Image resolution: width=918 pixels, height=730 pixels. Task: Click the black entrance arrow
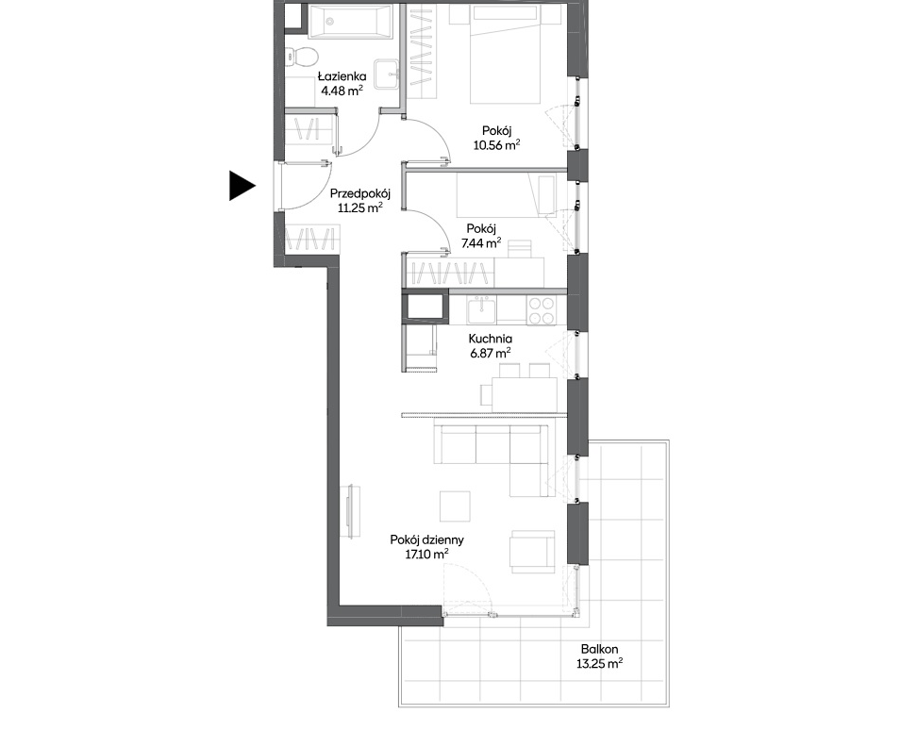pos(242,186)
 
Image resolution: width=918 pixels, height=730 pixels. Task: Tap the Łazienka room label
pos(342,75)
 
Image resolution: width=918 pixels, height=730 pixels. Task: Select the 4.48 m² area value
pos(342,91)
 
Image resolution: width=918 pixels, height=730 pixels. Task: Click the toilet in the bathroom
pos(302,57)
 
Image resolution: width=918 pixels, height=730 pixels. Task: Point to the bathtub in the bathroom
pos(350,22)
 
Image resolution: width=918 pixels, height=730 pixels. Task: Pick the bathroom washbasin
pos(387,74)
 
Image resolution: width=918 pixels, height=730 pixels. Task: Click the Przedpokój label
pos(360,193)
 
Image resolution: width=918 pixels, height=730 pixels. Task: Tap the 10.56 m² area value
pos(497,144)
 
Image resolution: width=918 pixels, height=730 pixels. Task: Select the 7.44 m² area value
pos(481,243)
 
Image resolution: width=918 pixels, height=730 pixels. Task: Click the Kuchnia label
pos(490,339)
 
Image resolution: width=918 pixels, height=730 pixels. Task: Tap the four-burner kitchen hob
pos(541,311)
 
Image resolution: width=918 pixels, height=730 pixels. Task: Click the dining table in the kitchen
pos(525,394)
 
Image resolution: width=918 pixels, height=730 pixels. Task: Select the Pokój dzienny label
pos(426,539)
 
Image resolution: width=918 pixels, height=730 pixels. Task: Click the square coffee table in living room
pos(455,506)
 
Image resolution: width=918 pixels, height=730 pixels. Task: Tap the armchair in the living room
pos(531,552)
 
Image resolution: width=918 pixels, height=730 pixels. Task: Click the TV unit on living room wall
pos(353,511)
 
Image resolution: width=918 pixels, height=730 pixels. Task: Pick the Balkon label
pos(599,649)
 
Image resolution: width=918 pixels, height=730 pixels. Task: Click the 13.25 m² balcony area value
pos(599,663)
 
